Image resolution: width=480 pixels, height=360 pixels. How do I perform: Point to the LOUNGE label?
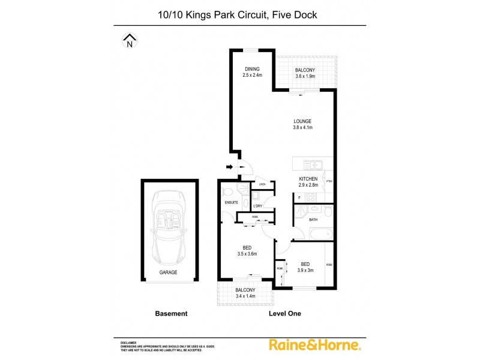[x=302, y=121]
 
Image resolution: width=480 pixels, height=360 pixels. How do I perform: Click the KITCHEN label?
[x=308, y=179]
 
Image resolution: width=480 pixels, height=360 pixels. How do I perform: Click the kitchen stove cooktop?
[x=312, y=199]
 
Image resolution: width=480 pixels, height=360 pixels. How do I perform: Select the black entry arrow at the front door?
[x=230, y=167]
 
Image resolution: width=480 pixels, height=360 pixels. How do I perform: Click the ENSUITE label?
[x=232, y=203]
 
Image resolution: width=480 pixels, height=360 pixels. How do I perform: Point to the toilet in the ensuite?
[x=226, y=191]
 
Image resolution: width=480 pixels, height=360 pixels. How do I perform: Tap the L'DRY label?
[x=258, y=206]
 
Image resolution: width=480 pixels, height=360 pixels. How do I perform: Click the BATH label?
[x=313, y=220]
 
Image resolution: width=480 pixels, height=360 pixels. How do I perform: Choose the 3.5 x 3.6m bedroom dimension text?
[x=246, y=254]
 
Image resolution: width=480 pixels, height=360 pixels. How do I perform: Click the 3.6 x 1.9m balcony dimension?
[x=305, y=76]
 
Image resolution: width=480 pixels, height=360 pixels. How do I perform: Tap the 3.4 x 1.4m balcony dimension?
[x=245, y=296]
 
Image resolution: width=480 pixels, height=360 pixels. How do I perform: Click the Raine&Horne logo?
[x=314, y=344]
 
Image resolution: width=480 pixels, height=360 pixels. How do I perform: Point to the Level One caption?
[x=285, y=313]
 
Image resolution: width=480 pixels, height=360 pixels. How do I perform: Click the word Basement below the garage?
[x=171, y=313]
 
